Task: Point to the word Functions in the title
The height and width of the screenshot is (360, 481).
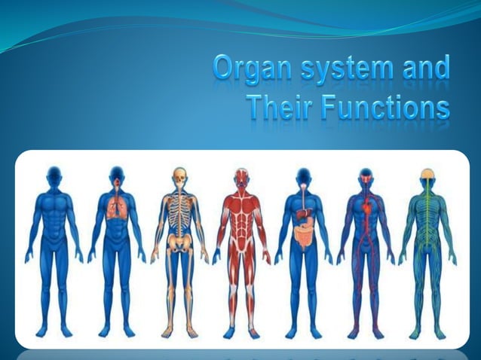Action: point(385,109)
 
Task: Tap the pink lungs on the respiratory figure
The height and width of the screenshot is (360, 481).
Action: point(116,210)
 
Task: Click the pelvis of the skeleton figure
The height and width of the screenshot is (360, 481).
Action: point(179,244)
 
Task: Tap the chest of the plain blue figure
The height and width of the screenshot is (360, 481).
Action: point(54,207)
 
